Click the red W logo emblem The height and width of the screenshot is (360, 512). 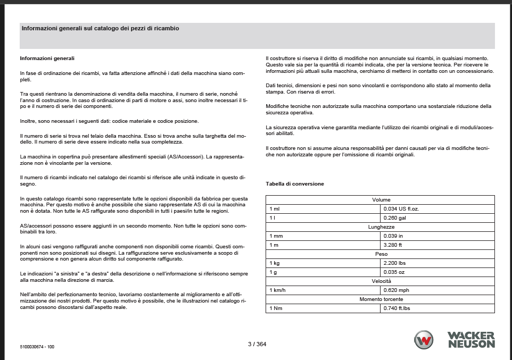click(x=424, y=340)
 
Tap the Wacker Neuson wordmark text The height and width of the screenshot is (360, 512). click(x=471, y=340)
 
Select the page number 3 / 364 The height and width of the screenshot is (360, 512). click(x=257, y=344)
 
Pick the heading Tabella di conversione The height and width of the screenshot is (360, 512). click(x=295, y=184)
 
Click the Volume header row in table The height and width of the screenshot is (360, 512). click(x=381, y=199)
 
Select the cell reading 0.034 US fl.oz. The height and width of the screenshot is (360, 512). click(x=401, y=208)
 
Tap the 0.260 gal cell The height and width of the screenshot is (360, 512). click(x=393, y=217)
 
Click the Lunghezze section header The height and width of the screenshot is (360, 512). click(x=381, y=227)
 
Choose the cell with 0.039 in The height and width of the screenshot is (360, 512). click(x=393, y=236)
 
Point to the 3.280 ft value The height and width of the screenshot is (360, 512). click(x=393, y=245)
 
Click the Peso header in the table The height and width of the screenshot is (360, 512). click(x=381, y=254)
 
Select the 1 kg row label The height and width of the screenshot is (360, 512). click(x=275, y=263)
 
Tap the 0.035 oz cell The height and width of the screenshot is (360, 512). click(x=394, y=272)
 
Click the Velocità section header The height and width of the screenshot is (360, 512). click(x=381, y=281)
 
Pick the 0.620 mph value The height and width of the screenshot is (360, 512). click(x=395, y=290)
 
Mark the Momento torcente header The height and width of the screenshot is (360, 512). click(x=381, y=299)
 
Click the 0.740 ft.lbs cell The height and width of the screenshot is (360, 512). click(x=397, y=308)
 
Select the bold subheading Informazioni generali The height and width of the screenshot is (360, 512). click(x=47, y=58)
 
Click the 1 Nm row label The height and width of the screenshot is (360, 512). click(x=276, y=308)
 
